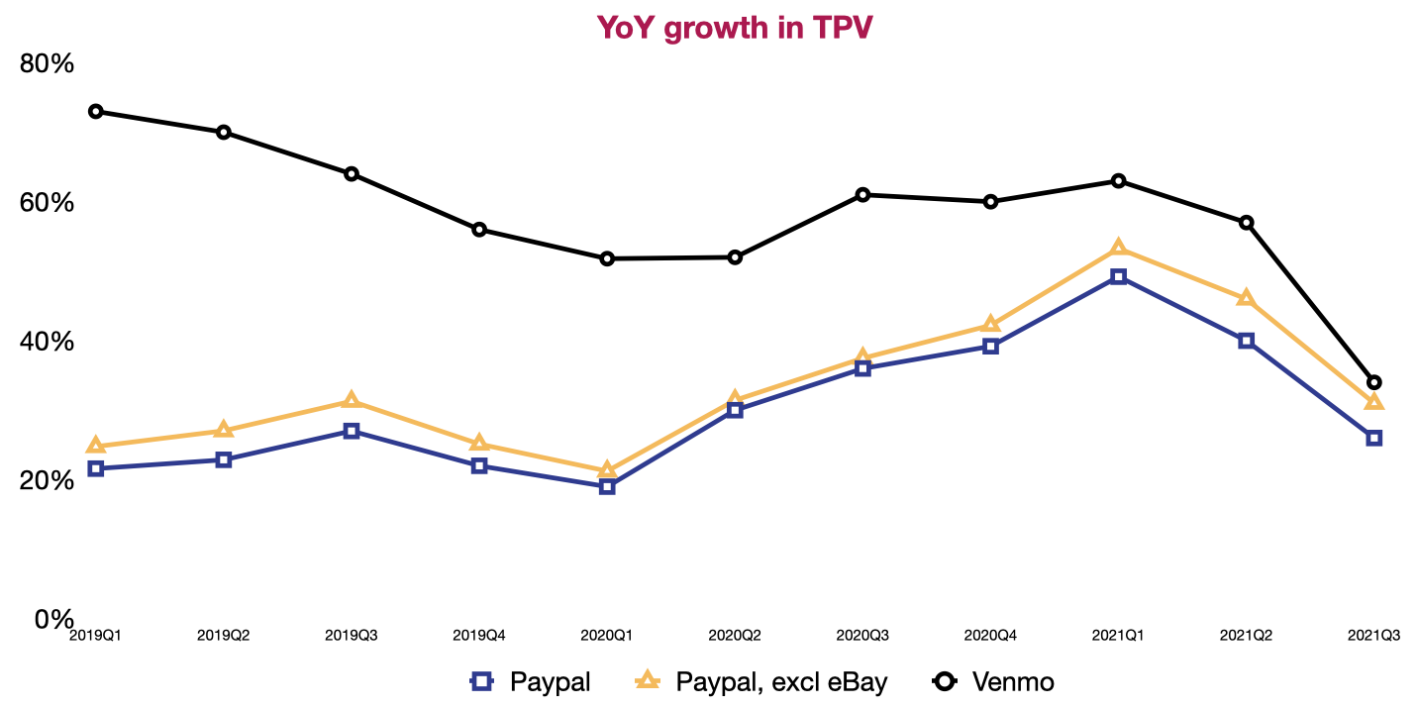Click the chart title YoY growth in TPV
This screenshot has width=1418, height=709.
[x=734, y=28]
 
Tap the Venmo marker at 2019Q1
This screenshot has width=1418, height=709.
[x=96, y=111]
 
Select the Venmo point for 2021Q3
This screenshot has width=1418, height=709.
[x=1373, y=382]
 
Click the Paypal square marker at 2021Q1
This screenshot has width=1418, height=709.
[x=1118, y=277]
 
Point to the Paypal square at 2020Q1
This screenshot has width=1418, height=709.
[x=607, y=486]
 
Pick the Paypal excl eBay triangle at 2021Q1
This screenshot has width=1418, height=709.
[x=1118, y=248]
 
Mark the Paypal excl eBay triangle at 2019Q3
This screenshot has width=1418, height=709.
[x=352, y=400]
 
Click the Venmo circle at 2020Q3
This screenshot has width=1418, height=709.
[x=862, y=194]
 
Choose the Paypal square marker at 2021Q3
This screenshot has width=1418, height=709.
[x=1373, y=438]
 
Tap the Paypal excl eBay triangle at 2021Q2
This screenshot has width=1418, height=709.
[x=1246, y=298]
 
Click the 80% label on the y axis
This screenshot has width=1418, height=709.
[x=48, y=63]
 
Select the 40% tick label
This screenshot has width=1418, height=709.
[x=48, y=342]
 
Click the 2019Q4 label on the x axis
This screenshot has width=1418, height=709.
[x=479, y=635]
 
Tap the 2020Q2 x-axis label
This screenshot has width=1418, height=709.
[x=735, y=635]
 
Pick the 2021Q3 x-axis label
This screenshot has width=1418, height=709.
[x=1373, y=635]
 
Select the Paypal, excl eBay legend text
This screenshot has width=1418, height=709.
[x=781, y=681]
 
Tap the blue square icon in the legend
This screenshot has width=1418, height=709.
[x=481, y=681]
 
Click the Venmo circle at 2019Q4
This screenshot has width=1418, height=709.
[x=479, y=229]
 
